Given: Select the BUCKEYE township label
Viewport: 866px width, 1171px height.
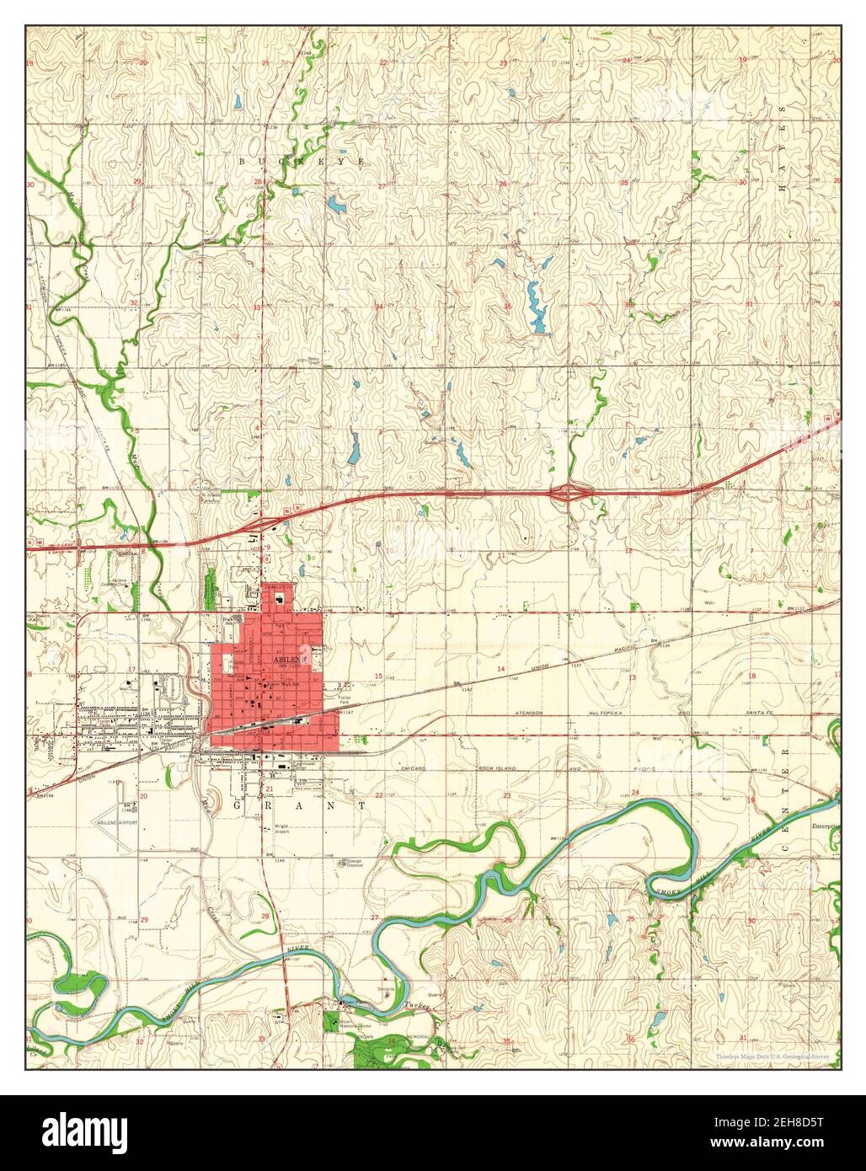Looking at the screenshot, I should click(x=303, y=160).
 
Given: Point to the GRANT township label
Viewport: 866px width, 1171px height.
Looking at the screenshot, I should click(x=300, y=805).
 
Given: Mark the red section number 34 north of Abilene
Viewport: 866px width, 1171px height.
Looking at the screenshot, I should click(x=379, y=307).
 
